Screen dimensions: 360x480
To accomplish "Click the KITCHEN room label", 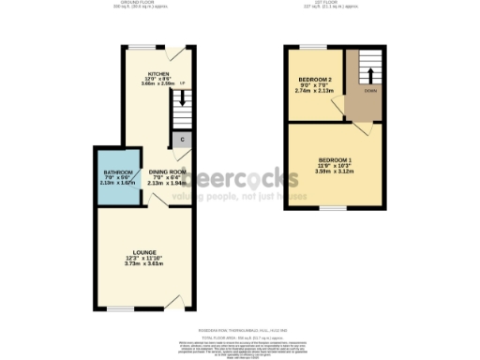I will pos(157,73).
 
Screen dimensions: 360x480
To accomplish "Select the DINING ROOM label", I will pos(167,171).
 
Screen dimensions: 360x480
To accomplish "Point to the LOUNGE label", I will pos(143,252).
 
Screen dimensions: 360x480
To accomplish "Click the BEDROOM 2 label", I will pos(315,79).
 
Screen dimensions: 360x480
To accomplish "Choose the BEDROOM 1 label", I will pos(334,158).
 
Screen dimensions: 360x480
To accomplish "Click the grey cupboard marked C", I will pos(182,140).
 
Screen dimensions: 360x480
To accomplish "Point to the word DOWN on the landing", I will pos(371,92).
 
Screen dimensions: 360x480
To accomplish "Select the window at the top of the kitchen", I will pos(142,47).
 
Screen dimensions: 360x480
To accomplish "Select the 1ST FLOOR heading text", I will pos(337,3).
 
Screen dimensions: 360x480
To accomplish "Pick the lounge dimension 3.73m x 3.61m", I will pos(143,264).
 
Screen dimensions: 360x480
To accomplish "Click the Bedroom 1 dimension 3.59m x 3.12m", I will pos(335,172).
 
